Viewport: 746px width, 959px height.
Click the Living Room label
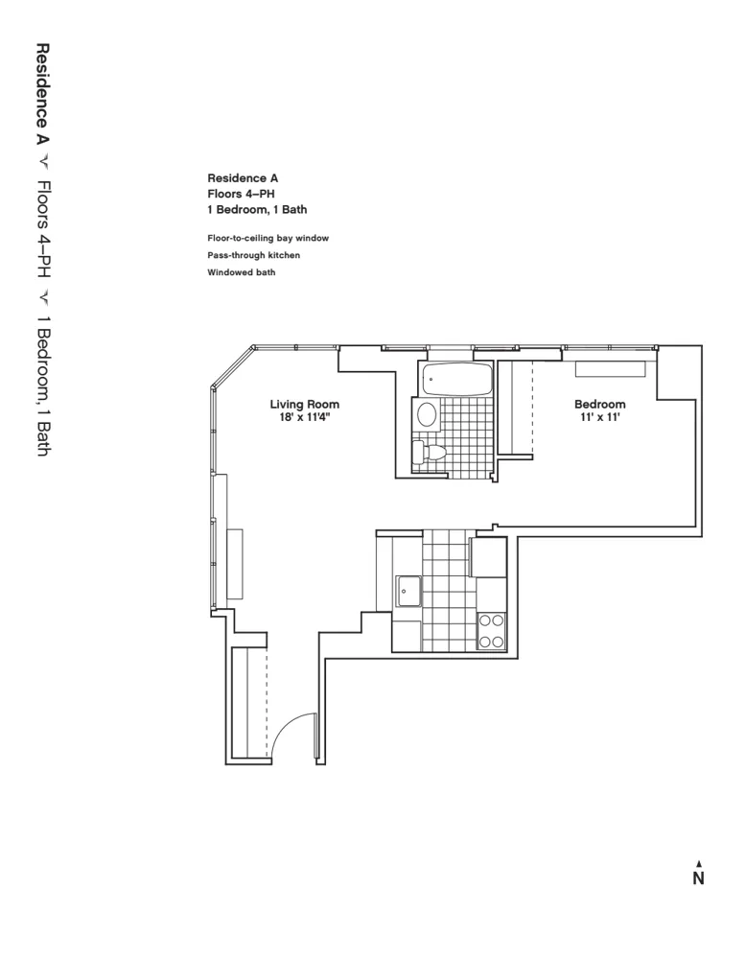coord(304,405)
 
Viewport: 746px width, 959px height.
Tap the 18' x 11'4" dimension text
coord(304,417)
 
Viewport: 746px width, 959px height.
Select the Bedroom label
coord(599,405)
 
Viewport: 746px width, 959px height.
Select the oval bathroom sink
coord(427,414)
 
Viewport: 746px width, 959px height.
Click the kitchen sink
coord(410,591)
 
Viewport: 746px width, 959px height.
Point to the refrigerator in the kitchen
coord(488,557)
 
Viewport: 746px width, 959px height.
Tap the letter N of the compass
coord(698,878)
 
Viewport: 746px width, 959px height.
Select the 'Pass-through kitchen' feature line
coord(253,255)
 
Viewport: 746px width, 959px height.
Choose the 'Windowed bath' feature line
coord(241,273)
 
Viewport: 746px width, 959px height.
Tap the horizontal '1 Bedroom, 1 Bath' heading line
coord(257,209)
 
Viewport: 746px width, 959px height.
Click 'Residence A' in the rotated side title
coord(42,92)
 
